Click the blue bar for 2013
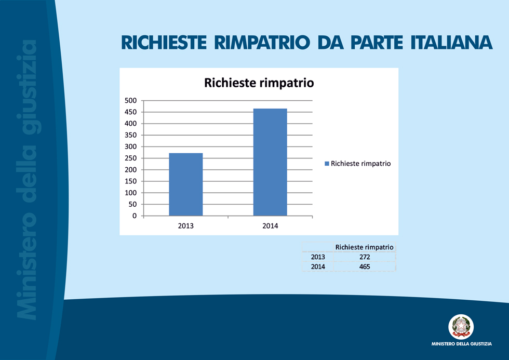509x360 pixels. click(x=186, y=184)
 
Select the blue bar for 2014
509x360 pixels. click(x=270, y=162)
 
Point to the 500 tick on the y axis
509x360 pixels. click(x=130, y=101)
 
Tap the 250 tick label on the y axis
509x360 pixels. click(x=130, y=158)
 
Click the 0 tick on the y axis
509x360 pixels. click(x=135, y=216)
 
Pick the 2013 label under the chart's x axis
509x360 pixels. click(x=186, y=226)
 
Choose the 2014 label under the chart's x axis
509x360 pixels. click(x=270, y=226)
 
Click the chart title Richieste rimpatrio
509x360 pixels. click(x=259, y=83)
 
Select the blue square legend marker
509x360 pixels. click(x=327, y=164)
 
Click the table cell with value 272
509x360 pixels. click(x=365, y=257)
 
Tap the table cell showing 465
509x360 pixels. click(x=365, y=266)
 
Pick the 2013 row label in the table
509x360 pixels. click(x=318, y=257)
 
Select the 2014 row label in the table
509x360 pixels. click(x=318, y=266)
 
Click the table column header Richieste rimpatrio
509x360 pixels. click(x=364, y=247)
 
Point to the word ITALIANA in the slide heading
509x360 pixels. click(x=451, y=43)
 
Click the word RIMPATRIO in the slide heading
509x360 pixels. click(x=262, y=43)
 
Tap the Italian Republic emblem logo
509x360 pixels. click(x=461, y=327)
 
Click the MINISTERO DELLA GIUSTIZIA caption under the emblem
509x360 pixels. click(x=462, y=344)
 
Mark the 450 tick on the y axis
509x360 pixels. click(x=130, y=112)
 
